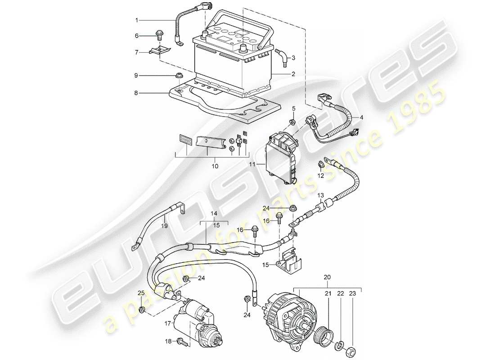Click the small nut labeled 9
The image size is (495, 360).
click(179, 75)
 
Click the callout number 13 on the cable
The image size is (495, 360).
click(320, 195)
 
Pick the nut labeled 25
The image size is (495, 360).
click(142, 310)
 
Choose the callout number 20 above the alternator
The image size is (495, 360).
click(327, 277)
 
